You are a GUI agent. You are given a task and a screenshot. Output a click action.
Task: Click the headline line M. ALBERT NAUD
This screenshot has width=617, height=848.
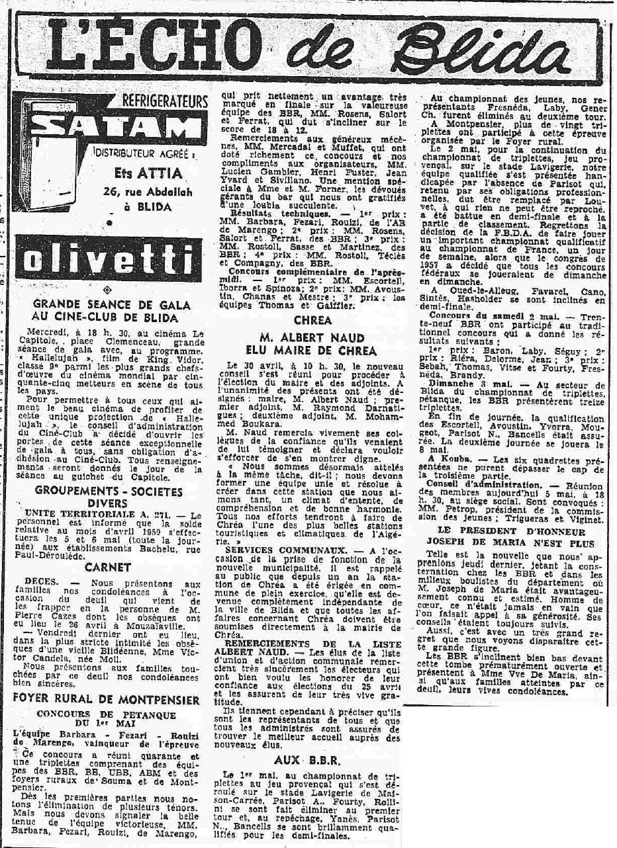(x=312, y=338)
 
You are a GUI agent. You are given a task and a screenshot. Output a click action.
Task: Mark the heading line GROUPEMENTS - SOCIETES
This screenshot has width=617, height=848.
(x=109, y=491)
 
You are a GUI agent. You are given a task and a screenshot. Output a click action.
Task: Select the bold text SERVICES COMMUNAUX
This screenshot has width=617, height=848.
(x=273, y=550)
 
